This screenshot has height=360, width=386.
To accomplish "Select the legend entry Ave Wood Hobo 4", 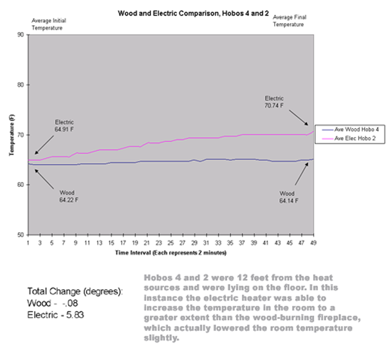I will [351, 130].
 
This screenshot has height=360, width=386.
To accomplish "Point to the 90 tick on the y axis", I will [21, 35].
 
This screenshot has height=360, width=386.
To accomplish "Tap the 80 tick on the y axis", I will [21, 85].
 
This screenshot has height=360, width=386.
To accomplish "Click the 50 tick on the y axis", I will [21, 235].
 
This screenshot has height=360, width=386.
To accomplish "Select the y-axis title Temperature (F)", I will [11, 135].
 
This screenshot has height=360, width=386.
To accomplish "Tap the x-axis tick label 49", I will [314, 243].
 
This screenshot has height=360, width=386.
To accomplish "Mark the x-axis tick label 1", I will [28, 243].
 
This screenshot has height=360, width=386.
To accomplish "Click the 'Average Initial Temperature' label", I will [49, 24].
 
